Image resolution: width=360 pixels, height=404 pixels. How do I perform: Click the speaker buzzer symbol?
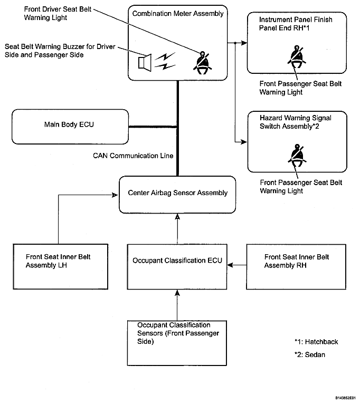145,62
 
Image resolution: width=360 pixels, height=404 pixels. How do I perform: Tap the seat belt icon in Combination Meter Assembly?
203,63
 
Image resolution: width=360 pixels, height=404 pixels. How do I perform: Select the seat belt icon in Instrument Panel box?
297,57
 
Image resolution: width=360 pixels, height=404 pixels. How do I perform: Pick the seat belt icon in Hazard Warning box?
297,156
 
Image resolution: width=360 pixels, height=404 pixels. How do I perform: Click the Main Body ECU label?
69,124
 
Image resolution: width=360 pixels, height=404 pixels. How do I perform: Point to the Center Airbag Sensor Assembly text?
178,193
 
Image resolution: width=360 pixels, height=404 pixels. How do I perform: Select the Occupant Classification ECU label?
177,261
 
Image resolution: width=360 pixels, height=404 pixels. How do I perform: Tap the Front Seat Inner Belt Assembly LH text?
58,261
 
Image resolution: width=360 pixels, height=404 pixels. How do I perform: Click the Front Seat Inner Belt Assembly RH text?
297,261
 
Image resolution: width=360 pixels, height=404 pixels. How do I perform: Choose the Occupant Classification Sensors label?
178,333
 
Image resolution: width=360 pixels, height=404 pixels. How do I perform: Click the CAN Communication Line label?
133,156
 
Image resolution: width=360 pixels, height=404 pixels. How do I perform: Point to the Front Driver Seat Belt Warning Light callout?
58,13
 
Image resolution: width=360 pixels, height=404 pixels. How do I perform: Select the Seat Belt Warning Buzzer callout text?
60,51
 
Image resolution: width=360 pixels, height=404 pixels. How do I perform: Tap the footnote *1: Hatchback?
316,342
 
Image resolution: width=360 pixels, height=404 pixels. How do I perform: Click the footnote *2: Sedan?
310,355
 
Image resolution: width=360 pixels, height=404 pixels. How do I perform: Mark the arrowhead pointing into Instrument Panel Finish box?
244,43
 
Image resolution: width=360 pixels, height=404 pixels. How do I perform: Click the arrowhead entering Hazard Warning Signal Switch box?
244,142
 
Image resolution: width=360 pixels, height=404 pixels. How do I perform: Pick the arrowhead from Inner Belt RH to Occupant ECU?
230,265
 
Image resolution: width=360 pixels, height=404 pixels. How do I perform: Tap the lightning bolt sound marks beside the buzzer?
165,61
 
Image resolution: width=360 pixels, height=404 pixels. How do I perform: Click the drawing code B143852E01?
345,398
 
